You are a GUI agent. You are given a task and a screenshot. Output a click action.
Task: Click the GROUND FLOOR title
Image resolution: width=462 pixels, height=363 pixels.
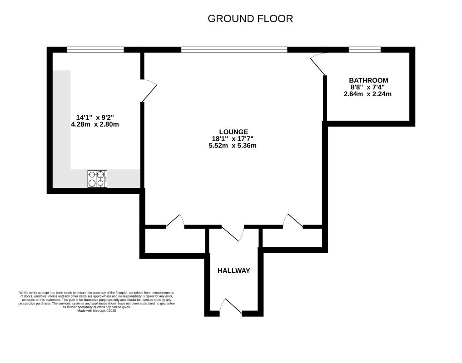[x=250, y=19]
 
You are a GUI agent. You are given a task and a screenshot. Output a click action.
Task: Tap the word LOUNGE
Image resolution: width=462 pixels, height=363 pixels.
[x=233, y=132]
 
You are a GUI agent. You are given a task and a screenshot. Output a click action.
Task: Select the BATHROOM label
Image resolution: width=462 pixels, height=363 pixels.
[x=368, y=80]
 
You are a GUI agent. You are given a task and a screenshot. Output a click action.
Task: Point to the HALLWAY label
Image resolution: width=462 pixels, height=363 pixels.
[x=233, y=270]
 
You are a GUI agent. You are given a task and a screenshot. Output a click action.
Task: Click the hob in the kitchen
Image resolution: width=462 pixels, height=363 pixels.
[x=97, y=179]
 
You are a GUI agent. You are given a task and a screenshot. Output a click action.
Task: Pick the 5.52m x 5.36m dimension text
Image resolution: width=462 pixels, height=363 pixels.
[x=233, y=146]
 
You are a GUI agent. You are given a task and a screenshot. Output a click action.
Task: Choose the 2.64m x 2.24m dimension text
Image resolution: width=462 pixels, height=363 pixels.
[x=368, y=94]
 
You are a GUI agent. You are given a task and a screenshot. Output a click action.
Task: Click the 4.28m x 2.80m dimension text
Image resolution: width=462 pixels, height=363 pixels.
[x=95, y=124]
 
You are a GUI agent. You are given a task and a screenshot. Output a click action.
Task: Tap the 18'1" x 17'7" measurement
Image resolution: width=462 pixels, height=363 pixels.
[x=233, y=139]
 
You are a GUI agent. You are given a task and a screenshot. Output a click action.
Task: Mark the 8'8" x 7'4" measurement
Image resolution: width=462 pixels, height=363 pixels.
[x=368, y=87]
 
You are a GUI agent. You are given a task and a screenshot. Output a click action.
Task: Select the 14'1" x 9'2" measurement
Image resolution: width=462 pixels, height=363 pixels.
[x=95, y=117]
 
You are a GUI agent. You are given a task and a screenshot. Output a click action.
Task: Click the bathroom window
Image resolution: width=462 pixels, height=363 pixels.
[x=365, y=49]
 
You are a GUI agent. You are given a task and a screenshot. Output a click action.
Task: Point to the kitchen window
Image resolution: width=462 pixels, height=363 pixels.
[x=95, y=49]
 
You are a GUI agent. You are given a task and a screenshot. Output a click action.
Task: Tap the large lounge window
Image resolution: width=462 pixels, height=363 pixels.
[x=234, y=49]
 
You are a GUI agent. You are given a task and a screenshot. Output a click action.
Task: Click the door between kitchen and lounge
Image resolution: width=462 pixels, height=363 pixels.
[x=149, y=91]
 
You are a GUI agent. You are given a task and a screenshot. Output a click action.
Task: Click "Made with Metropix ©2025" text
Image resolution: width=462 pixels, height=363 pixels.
[x=97, y=311]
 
